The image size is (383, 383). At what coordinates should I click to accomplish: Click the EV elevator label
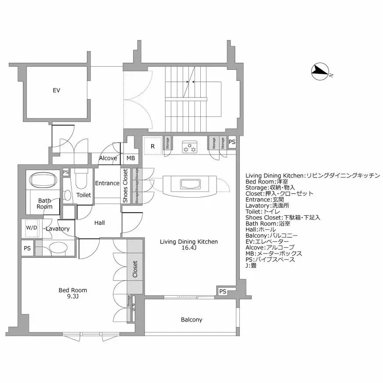coord(56,90)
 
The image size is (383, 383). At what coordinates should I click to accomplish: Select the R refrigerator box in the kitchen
coord(153,146)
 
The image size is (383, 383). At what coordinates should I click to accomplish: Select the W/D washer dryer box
coord(31,228)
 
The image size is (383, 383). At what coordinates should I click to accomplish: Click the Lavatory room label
coord(58,229)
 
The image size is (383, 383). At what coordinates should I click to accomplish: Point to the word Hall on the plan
coord(100,223)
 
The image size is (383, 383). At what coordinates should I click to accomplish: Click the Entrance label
coord(107,183)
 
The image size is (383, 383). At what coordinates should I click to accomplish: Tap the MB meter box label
coord(131,158)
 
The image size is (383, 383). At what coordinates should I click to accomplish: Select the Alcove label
coord(108,158)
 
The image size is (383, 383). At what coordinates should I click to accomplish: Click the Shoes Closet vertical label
coord(125,186)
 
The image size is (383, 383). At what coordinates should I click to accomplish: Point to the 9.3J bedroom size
coord(73,296)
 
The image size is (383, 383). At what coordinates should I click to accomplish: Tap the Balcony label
coord(191,320)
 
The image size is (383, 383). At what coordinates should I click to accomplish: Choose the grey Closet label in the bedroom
coord(135,270)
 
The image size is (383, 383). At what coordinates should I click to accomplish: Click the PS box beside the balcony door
coord(223,291)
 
